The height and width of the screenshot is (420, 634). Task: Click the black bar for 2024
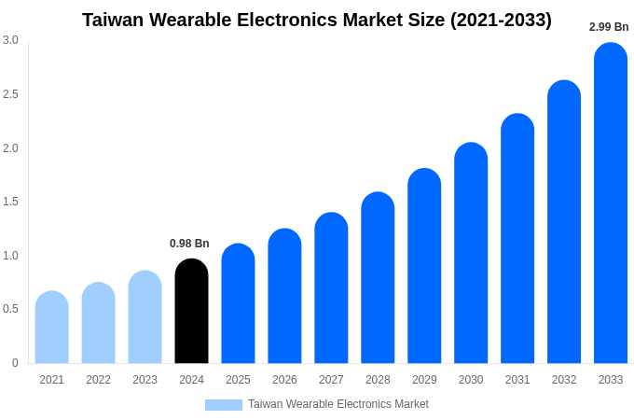tap(191, 312)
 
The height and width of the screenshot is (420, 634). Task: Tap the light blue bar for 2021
tap(52, 328)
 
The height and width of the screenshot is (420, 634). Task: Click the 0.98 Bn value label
tap(189, 244)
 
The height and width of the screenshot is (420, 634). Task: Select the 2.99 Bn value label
tap(609, 27)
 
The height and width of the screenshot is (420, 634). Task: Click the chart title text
tap(317, 20)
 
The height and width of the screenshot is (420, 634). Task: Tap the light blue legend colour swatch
tap(224, 405)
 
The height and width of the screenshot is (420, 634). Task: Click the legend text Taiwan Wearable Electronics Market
tap(338, 404)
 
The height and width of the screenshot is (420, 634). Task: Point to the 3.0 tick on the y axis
tap(10, 40)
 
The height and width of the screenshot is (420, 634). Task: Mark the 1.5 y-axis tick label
tap(10, 202)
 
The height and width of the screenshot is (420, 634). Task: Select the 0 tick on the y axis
tap(15, 363)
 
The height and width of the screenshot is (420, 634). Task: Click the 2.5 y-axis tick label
tap(10, 94)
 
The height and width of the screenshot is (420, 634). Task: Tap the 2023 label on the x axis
tap(145, 380)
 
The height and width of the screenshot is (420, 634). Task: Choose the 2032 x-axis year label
tap(564, 380)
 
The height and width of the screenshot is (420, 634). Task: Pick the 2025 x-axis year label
tap(238, 380)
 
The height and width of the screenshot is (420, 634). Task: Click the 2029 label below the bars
tap(424, 380)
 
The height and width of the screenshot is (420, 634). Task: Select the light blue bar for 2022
tap(99, 324)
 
